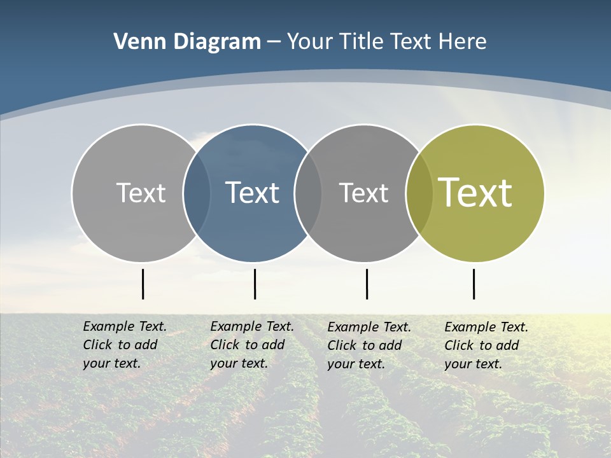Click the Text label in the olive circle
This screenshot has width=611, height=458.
475,193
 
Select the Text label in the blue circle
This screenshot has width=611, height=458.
253,193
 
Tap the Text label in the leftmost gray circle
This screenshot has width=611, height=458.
141,193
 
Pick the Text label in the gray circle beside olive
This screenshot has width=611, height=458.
363,193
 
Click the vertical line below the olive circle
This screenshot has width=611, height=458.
474,284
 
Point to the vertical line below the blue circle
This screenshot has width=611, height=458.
255,284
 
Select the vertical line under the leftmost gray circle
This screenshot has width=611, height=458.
143,284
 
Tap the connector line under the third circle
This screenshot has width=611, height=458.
367,284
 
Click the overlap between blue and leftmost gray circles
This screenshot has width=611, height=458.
197,193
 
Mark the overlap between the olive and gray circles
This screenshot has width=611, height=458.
419,193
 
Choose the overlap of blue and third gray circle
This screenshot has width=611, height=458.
308,193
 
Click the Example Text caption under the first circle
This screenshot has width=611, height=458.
125,345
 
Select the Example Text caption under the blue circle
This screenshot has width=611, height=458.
252,345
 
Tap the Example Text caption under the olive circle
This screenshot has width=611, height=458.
486,345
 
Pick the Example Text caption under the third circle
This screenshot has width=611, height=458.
369,345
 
